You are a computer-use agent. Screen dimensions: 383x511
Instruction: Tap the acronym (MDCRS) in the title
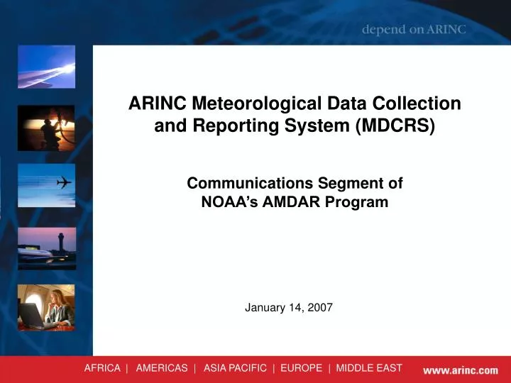401,126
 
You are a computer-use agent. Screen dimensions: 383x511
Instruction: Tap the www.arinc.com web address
461,370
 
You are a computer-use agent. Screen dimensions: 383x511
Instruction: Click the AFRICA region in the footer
102,368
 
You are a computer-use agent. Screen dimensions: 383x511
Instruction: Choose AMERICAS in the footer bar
162,368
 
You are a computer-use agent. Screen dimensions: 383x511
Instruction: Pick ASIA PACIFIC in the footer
235,368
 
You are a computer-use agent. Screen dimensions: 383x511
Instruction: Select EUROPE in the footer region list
301,368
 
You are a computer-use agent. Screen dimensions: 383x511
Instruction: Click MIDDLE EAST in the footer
369,368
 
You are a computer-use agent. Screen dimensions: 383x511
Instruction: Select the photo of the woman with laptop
46,307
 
